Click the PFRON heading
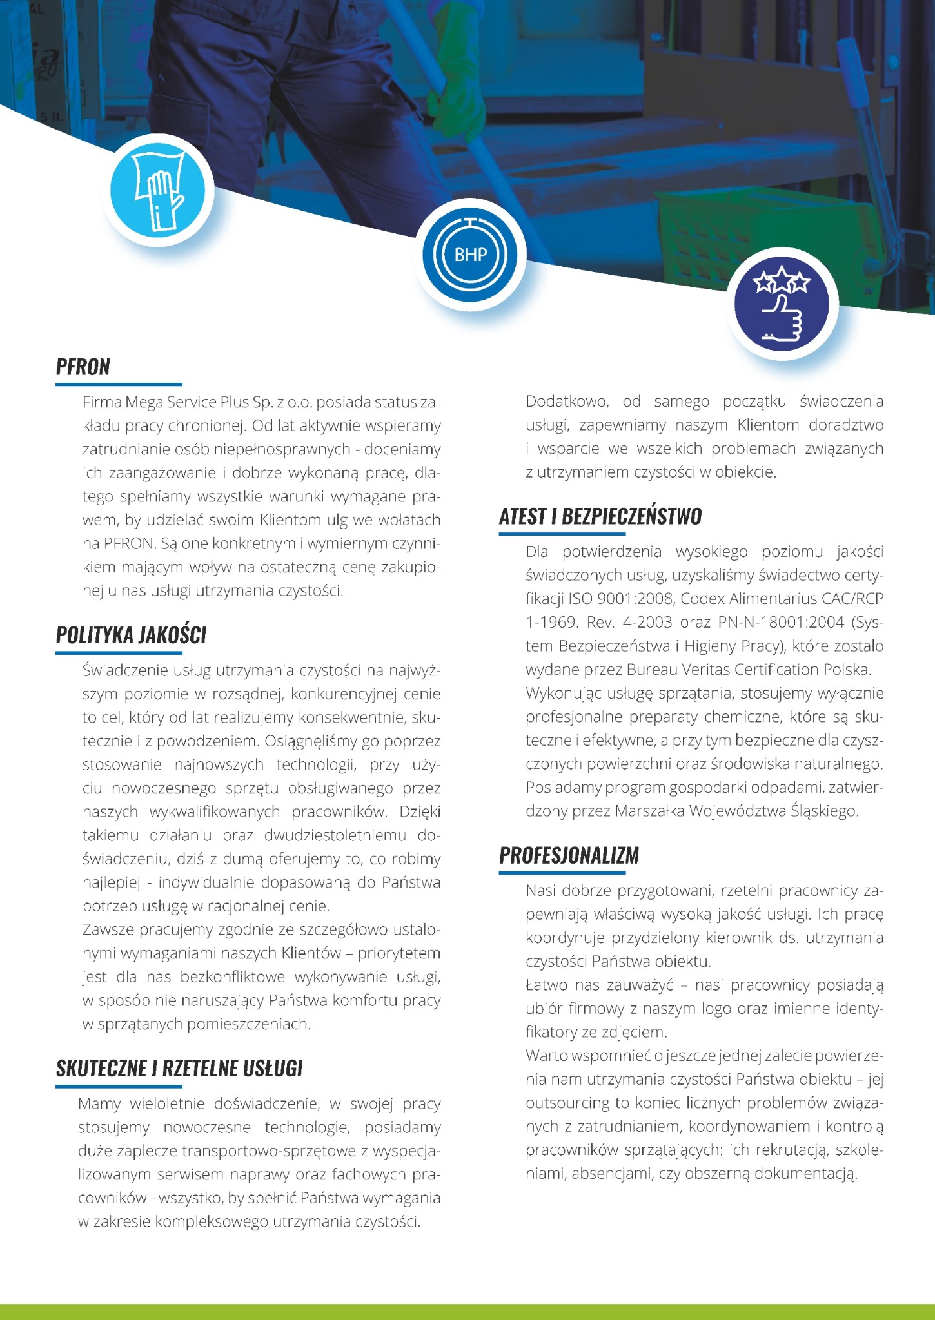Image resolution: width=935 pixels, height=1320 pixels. pyautogui.click(x=83, y=367)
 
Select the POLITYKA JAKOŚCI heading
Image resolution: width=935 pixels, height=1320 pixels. pyautogui.click(x=131, y=636)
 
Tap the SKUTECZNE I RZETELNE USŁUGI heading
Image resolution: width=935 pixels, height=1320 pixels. pyautogui.click(x=179, y=1069)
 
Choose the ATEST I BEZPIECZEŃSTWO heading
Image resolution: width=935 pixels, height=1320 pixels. pyautogui.click(x=600, y=517)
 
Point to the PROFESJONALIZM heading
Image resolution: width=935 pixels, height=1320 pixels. pyautogui.click(x=569, y=856)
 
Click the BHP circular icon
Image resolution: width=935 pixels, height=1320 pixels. pyautogui.click(x=471, y=255)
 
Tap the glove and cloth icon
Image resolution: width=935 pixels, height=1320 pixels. pyautogui.click(x=158, y=191)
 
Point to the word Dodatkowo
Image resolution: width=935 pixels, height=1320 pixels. pyautogui.click(x=567, y=402)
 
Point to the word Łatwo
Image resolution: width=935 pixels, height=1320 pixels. pyautogui.click(x=545, y=985)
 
